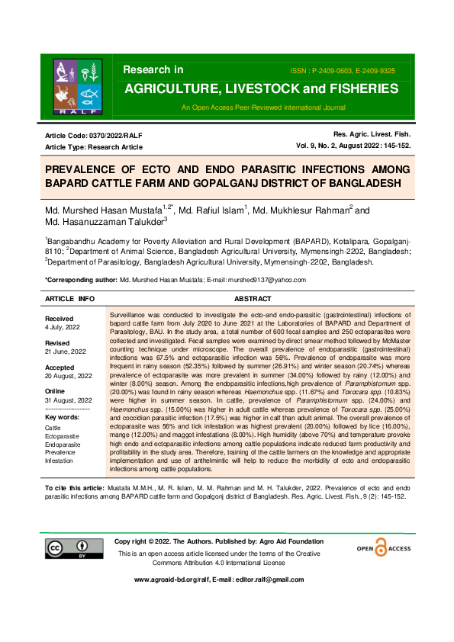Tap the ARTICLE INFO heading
(x=71, y=300)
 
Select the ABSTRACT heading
(x=253, y=300)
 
